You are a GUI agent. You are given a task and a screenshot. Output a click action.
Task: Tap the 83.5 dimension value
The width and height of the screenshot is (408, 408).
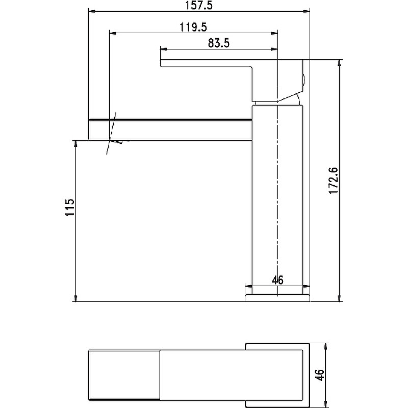point(219,43)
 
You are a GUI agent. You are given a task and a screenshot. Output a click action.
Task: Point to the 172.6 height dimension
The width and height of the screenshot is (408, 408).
point(334,180)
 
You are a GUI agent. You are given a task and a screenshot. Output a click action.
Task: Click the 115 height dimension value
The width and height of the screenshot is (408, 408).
point(70,208)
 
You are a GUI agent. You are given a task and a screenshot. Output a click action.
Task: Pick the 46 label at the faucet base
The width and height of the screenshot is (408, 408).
point(277,279)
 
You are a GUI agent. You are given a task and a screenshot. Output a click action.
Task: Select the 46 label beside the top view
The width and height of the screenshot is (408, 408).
point(319,375)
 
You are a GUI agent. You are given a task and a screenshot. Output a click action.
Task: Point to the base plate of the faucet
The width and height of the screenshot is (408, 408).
point(278,297)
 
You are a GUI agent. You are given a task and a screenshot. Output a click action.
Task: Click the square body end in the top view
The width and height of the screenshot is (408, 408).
point(278,375)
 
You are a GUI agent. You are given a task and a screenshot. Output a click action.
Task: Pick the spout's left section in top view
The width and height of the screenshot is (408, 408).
point(125,375)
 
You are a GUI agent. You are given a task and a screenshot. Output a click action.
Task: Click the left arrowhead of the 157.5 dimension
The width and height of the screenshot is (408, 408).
point(91,10)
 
